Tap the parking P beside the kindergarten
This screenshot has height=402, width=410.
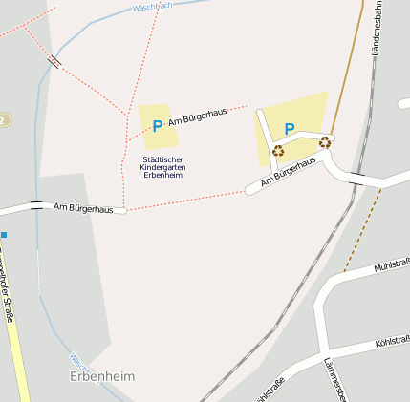(x=157, y=125)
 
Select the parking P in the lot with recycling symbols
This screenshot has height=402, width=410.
(x=289, y=129)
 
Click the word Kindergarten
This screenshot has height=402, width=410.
(x=162, y=167)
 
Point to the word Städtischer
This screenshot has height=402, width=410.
(x=162, y=159)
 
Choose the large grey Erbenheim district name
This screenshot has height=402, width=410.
(x=102, y=376)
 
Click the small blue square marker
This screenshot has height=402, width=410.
(x=4, y=234)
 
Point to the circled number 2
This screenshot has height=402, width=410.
(x=4, y=119)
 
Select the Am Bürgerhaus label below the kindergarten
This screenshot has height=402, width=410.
(x=83, y=206)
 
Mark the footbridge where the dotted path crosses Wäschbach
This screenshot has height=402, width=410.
(x=54, y=61)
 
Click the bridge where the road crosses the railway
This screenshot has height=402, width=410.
(x=356, y=179)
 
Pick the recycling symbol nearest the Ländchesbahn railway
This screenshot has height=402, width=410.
(x=325, y=142)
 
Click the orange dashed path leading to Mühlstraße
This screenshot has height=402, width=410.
(x=362, y=229)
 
